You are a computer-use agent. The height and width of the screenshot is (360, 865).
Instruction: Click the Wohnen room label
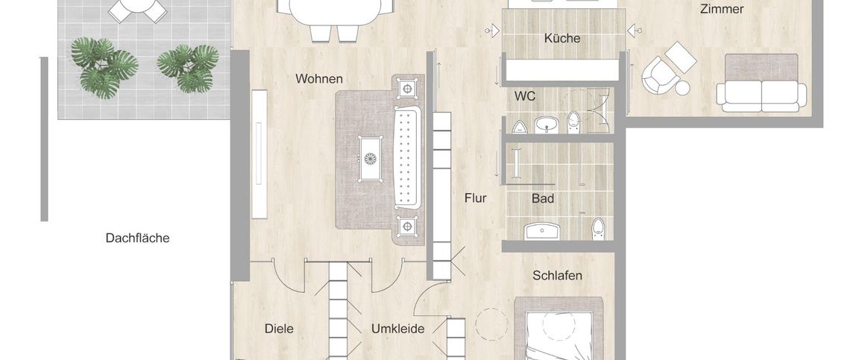click(x=318, y=78)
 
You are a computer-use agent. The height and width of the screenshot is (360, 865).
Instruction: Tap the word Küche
click(x=562, y=38)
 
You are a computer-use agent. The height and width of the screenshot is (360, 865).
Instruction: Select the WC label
click(x=525, y=96)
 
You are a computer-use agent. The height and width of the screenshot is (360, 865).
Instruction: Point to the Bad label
click(x=543, y=199)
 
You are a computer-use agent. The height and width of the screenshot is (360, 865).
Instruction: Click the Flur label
click(x=475, y=198)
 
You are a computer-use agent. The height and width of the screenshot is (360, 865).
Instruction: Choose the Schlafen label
click(x=557, y=276)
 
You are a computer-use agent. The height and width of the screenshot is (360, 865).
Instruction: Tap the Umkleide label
click(x=398, y=329)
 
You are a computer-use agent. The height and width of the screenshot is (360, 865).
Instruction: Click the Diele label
click(x=279, y=329)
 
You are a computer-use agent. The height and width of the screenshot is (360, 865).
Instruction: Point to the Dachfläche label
click(x=137, y=239)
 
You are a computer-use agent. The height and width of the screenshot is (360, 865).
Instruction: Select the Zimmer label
click(x=721, y=9)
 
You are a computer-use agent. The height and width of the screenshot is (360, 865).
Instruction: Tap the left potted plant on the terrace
click(x=104, y=63)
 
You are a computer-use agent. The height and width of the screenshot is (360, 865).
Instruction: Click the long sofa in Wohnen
click(x=407, y=158)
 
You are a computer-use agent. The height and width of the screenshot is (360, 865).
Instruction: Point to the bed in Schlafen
click(x=559, y=335)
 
